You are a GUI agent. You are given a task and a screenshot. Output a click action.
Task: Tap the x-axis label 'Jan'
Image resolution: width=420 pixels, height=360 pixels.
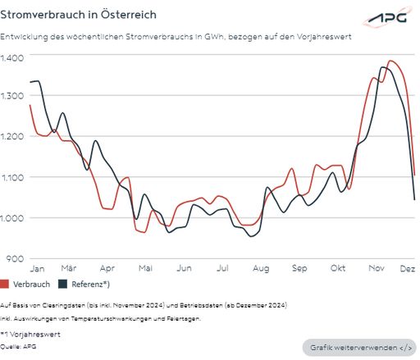click(x=37, y=268)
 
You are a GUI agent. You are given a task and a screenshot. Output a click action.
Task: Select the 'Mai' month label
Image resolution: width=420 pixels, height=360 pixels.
click(x=145, y=268)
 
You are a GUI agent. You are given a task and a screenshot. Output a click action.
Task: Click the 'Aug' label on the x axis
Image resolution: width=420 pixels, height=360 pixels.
click(x=261, y=268)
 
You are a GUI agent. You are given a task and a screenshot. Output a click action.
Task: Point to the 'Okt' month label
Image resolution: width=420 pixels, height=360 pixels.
click(x=337, y=268)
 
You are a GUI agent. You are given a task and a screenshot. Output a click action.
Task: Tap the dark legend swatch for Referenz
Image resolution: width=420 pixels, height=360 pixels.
click(x=62, y=285)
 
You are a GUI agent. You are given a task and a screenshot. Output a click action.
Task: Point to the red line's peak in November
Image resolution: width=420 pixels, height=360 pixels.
click(x=390, y=61)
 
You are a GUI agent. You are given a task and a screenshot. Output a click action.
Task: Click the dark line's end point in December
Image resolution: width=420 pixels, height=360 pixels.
click(x=414, y=199)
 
